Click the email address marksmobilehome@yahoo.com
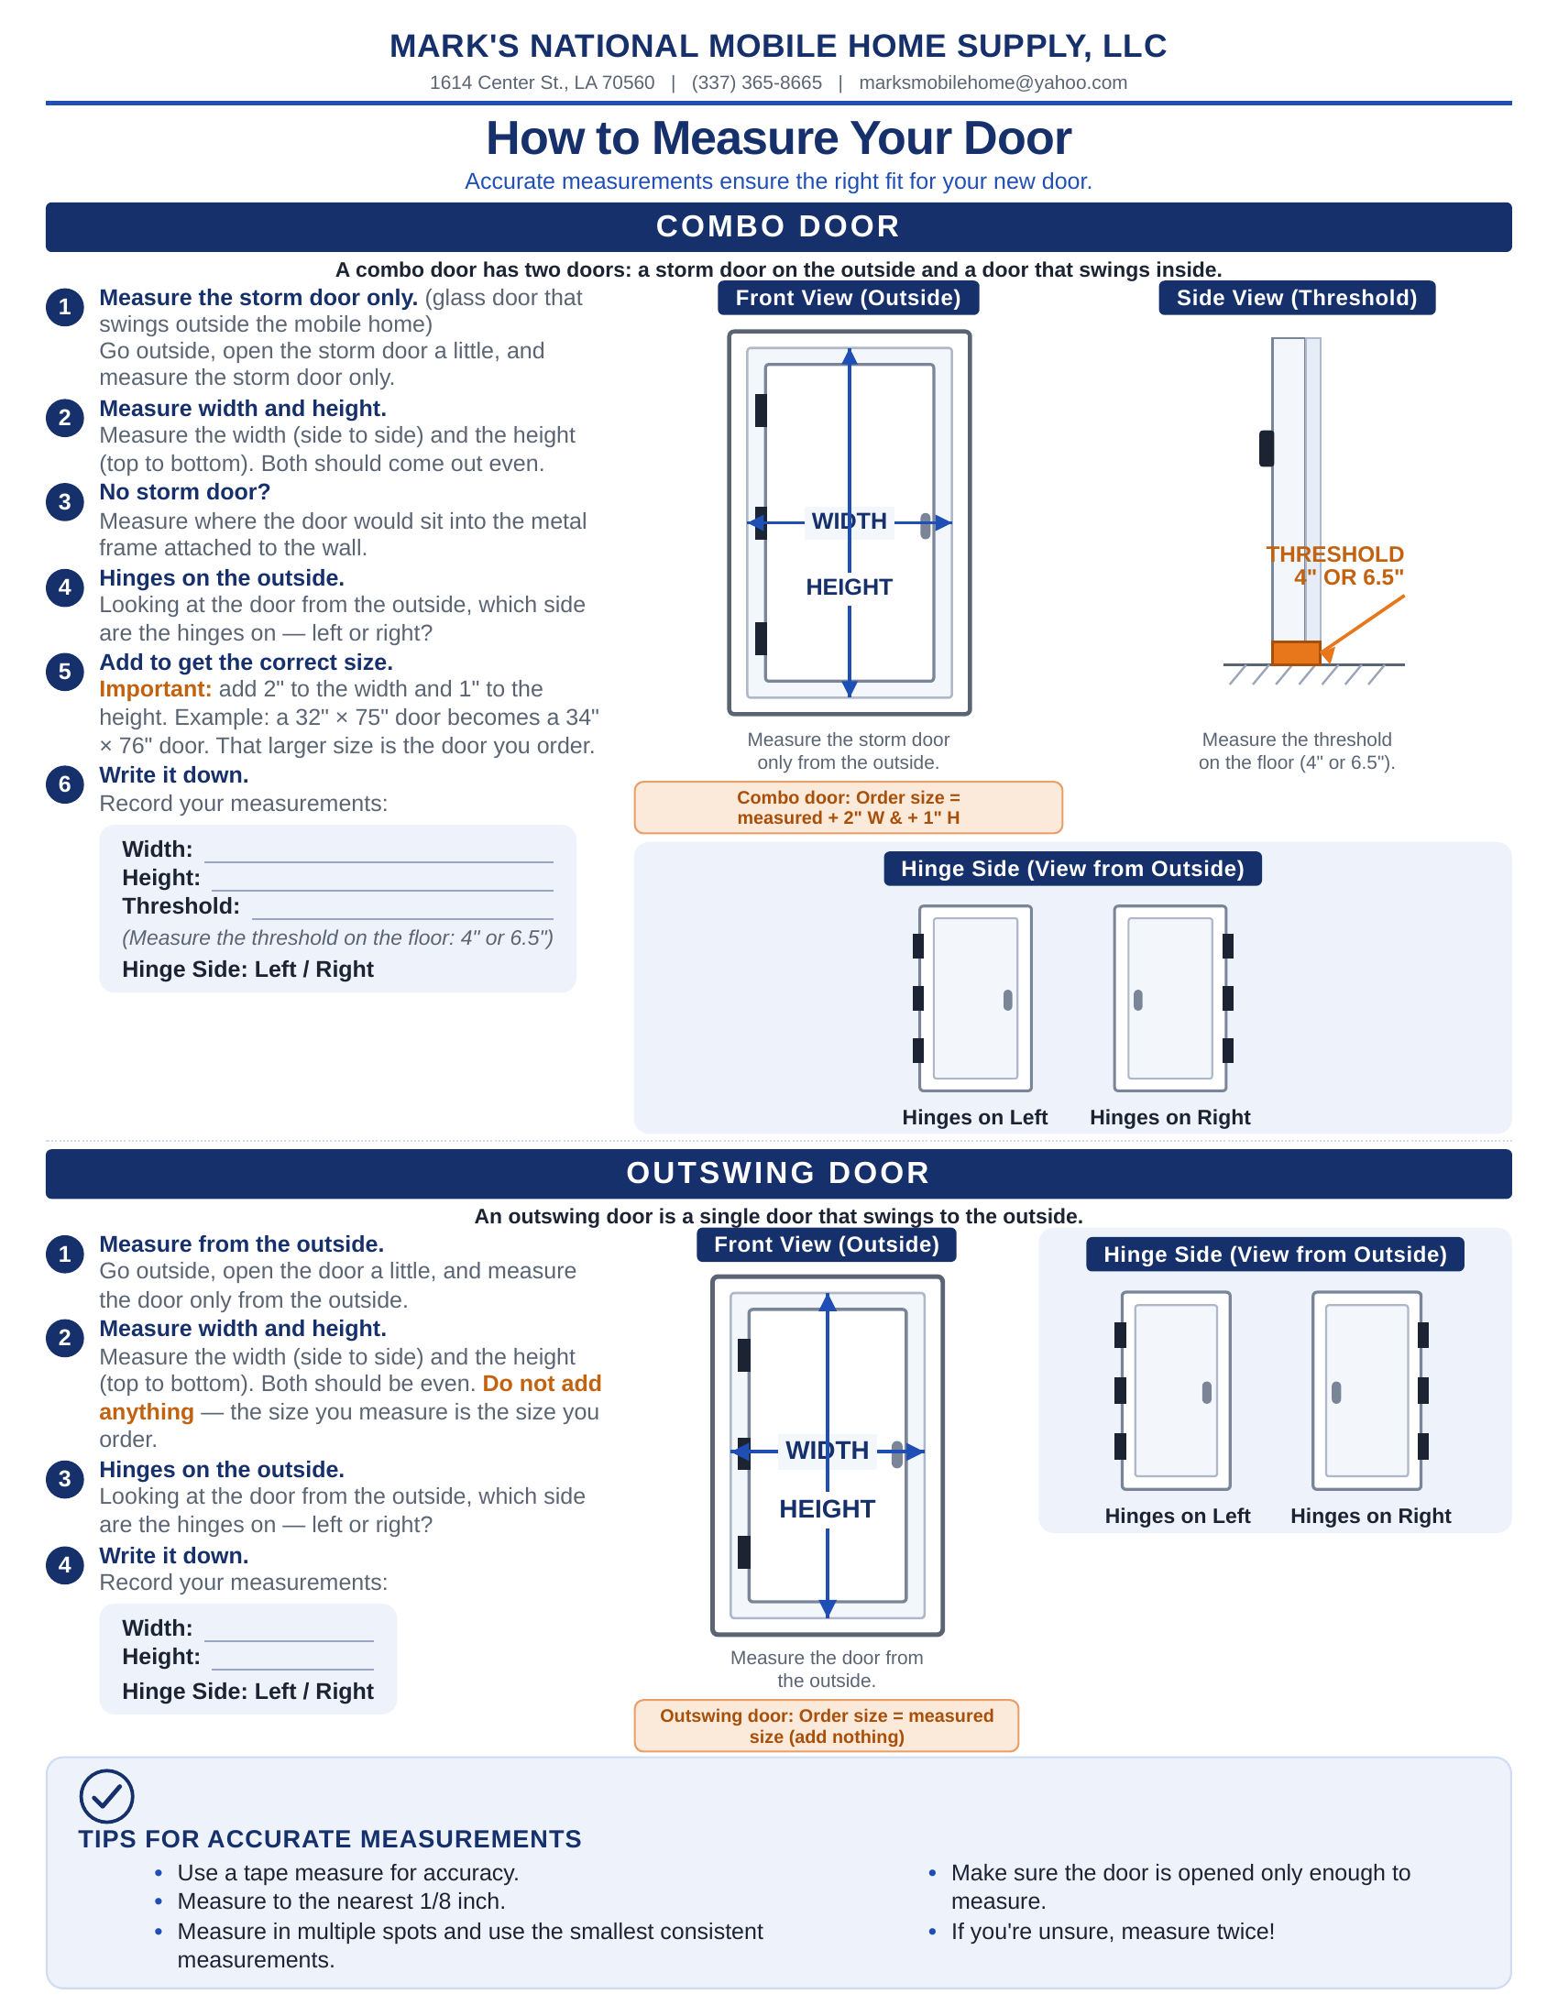click(x=993, y=83)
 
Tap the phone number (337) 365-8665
click(x=757, y=83)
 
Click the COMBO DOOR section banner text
click(x=778, y=227)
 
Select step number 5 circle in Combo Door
click(x=64, y=672)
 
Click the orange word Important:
click(x=155, y=689)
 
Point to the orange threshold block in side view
click(x=1296, y=652)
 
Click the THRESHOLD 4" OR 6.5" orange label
click(x=1334, y=565)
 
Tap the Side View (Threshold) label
click(x=1297, y=298)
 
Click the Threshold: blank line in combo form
click(x=402, y=918)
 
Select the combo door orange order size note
click(x=849, y=807)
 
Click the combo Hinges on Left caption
click(x=975, y=1118)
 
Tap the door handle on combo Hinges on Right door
click(x=1138, y=1000)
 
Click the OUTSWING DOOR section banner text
click(x=778, y=1173)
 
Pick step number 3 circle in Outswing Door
click(x=64, y=1480)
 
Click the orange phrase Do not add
click(x=542, y=1384)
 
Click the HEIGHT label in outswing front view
click(x=827, y=1509)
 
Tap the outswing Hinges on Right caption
click(x=1371, y=1517)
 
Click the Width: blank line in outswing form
click(x=289, y=1640)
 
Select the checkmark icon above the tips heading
click(x=107, y=1796)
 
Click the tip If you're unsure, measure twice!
click(x=1114, y=1932)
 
